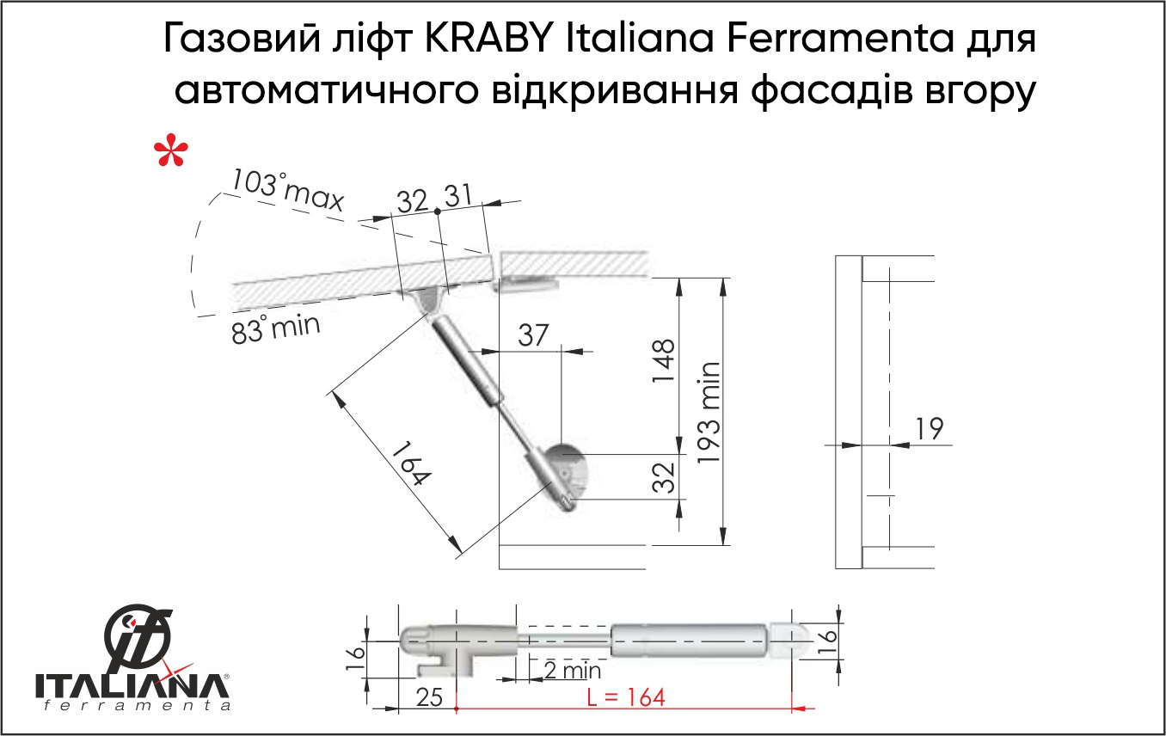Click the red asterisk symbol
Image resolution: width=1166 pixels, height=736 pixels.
pos(171,150)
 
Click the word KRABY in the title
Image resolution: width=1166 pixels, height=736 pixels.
pos(488,39)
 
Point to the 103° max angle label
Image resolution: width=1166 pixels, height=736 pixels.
pos(287,190)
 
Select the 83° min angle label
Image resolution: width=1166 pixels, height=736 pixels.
pos(275,329)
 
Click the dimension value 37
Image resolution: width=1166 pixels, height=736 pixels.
pos(533,335)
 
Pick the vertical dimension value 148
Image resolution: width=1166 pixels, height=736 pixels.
pos(664,361)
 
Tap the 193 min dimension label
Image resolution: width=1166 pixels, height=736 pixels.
pos(709,412)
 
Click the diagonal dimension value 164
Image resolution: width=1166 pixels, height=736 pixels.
pos(411,463)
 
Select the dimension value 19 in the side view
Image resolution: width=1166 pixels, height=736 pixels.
pos(930,428)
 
